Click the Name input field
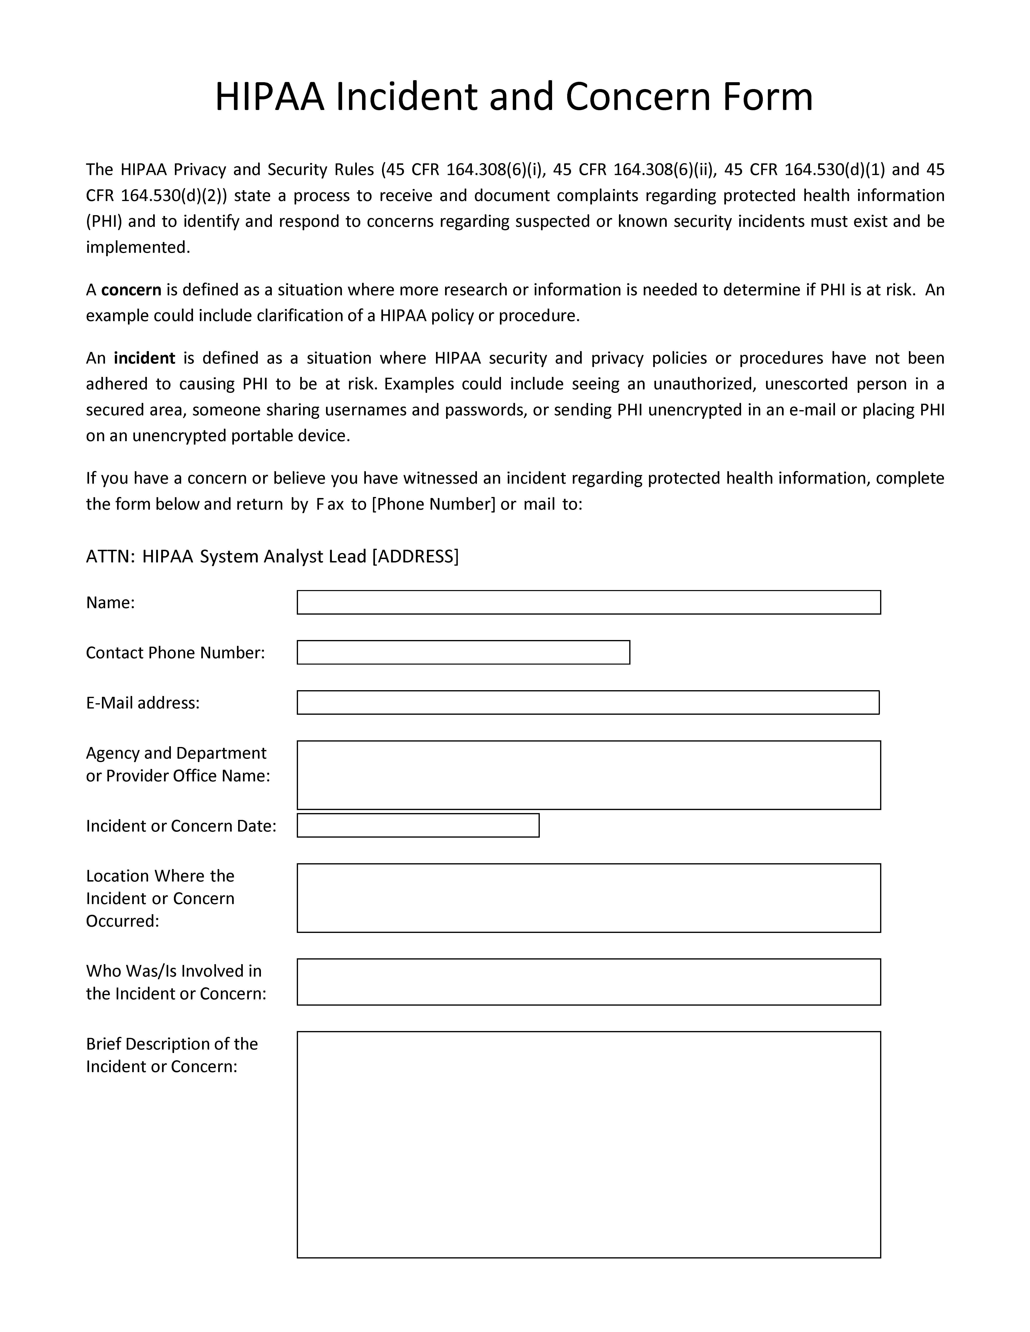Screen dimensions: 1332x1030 (x=589, y=602)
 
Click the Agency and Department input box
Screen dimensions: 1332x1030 (x=589, y=775)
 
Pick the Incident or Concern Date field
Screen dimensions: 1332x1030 (x=418, y=825)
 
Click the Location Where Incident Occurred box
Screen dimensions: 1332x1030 (x=589, y=898)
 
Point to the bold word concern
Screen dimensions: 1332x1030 (x=131, y=290)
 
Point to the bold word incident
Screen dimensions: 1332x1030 (x=144, y=358)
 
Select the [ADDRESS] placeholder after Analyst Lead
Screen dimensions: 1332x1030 (x=415, y=556)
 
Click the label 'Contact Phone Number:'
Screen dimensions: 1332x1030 (x=175, y=653)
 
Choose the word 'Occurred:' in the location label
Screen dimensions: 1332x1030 (x=122, y=921)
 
